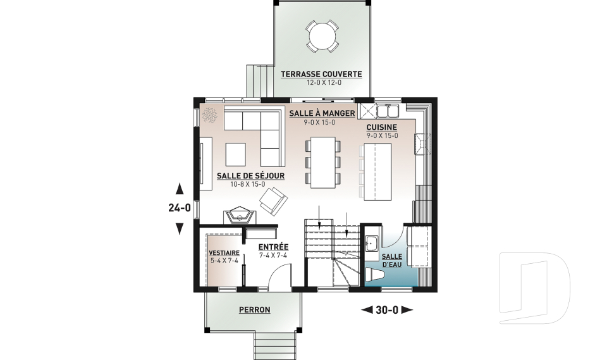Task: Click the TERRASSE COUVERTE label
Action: click(x=321, y=74)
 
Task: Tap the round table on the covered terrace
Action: click(x=322, y=36)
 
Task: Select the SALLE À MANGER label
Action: click(x=322, y=113)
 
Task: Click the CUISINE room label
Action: click(x=382, y=127)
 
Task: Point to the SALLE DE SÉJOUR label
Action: click(x=250, y=175)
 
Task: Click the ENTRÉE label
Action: click(x=273, y=247)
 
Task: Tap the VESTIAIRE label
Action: click(x=224, y=253)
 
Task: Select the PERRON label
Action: click(x=254, y=309)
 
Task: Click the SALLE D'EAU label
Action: click(x=392, y=261)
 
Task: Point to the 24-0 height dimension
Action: click(x=180, y=208)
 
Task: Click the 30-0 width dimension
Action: click(x=387, y=310)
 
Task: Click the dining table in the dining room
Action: click(x=323, y=163)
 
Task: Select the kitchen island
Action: click(x=377, y=171)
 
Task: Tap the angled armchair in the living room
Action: click(x=273, y=201)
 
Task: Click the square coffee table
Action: click(x=236, y=154)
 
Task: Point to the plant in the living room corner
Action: click(x=210, y=115)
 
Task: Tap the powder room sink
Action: click(x=372, y=244)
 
